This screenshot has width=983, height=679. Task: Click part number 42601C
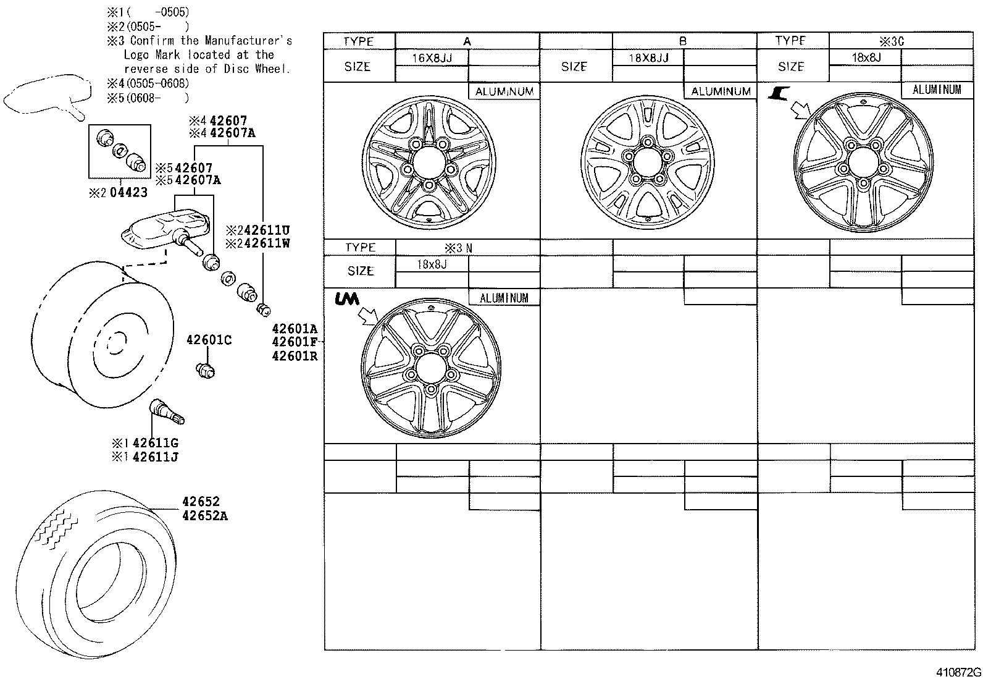[209, 340]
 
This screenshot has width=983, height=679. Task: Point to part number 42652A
[204, 515]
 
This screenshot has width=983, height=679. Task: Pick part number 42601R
[295, 355]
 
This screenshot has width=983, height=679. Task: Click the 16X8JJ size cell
[432, 58]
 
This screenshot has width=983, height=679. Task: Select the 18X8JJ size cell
[648, 58]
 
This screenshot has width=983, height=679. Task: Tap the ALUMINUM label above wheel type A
[504, 91]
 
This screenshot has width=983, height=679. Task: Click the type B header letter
[683, 41]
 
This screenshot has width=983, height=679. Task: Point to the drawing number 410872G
[958, 672]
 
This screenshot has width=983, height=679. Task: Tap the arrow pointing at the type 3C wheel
[801, 111]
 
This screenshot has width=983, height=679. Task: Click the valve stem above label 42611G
[165, 411]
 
